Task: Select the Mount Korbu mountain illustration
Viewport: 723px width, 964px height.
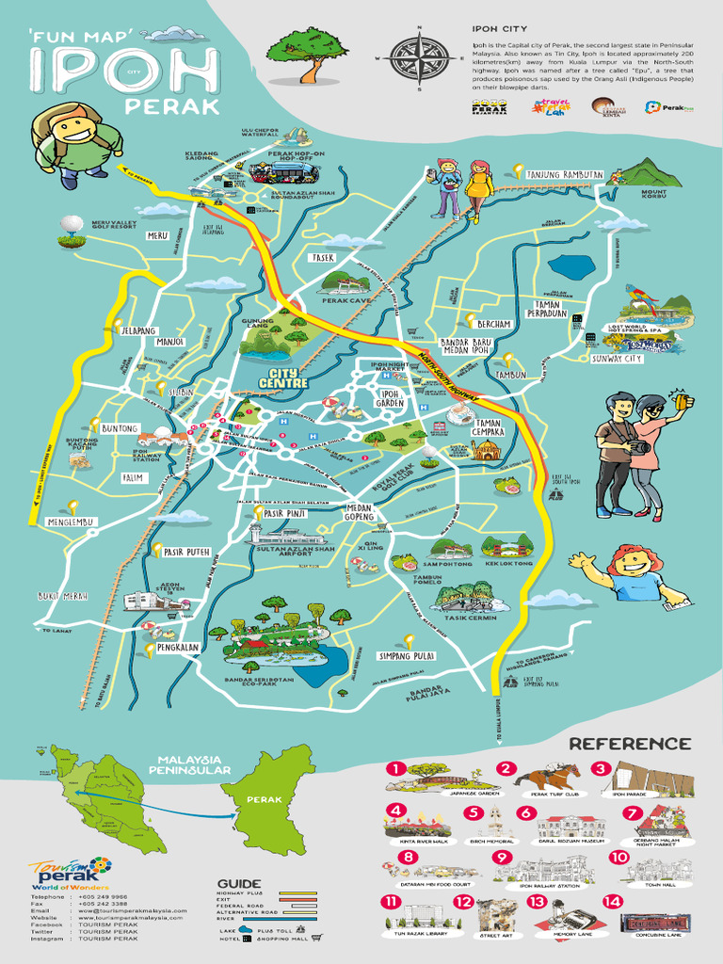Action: coord(651,173)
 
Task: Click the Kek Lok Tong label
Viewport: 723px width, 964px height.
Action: coord(508,563)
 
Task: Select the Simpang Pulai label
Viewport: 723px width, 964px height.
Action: coord(406,655)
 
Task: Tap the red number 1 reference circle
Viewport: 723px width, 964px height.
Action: coord(395,769)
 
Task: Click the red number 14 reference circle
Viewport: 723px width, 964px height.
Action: coord(614,901)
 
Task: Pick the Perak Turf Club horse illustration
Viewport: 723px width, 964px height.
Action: coord(549,778)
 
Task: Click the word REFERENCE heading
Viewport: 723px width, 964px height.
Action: coord(630,744)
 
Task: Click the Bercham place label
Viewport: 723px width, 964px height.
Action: coord(493,324)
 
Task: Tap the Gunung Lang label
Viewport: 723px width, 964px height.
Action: coord(258,325)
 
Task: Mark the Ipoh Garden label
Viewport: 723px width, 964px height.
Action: coord(390,397)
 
